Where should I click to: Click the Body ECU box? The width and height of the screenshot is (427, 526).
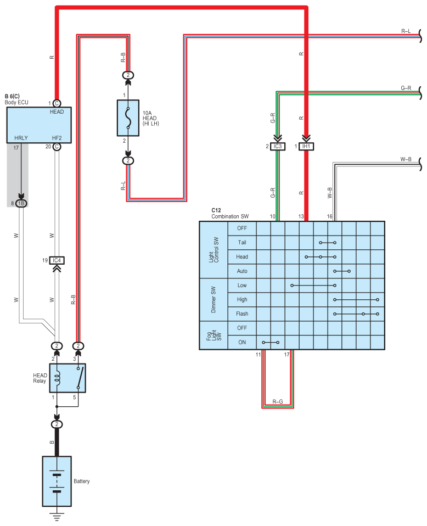tap(39, 125)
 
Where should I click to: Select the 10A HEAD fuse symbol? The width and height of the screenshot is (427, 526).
tap(128, 117)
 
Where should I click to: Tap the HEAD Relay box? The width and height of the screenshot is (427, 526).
tap(68, 378)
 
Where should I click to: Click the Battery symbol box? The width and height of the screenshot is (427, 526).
tap(57, 482)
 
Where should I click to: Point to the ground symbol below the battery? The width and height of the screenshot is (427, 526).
tap(57, 517)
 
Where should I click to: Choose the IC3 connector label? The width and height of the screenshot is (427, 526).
tap(278, 147)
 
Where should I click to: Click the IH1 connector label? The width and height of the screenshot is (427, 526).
tap(306, 147)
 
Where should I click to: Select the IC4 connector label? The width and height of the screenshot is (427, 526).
tap(57, 260)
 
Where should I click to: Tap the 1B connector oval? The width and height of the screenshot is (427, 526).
tap(21, 203)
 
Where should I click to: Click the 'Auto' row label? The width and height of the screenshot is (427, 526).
tap(242, 271)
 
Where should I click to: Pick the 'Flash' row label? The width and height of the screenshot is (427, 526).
tap(242, 314)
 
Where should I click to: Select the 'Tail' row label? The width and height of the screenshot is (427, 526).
tap(242, 243)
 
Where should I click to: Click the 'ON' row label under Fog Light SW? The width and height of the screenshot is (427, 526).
tap(242, 342)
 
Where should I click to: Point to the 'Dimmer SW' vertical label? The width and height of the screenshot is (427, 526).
tap(214, 300)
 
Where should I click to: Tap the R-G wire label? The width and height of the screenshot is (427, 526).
tap(277, 401)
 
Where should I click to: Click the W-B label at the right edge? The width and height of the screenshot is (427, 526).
tap(406, 159)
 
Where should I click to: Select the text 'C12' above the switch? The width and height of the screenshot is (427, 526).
tap(216, 210)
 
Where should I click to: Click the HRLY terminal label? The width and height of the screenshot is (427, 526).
tap(21, 138)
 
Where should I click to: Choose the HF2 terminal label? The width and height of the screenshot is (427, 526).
tap(57, 138)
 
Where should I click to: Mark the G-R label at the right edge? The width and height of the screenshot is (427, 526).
tap(406, 88)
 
